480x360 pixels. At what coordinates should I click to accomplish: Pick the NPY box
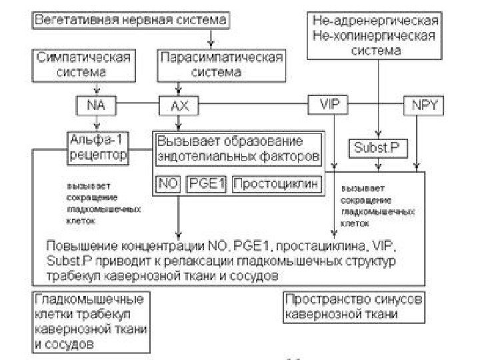[x=420, y=105]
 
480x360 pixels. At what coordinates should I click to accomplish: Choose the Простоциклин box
[x=275, y=183]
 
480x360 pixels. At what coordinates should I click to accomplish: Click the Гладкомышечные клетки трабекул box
[x=91, y=321]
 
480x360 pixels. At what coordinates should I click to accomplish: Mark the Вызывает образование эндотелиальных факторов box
[x=239, y=149]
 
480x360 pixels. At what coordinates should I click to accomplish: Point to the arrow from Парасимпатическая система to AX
[x=177, y=88]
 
